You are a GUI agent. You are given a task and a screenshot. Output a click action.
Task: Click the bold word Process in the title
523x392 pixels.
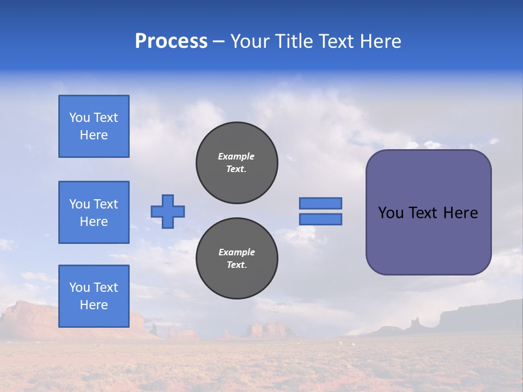point(171,41)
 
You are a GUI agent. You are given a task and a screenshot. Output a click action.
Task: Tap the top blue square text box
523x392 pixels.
point(94,126)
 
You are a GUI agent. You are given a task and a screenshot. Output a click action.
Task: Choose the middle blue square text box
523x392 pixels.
point(94,212)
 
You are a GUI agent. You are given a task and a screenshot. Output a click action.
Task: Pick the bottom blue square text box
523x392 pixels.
point(94,296)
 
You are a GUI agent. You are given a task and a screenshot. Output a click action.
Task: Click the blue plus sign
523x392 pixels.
point(168,211)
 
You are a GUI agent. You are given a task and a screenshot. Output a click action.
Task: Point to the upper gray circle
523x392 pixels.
point(237,163)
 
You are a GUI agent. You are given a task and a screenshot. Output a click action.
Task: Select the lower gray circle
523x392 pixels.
point(237,259)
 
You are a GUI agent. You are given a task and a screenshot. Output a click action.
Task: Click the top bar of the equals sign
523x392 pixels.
point(320,203)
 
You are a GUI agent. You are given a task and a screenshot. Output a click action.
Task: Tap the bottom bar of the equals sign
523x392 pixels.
point(320,219)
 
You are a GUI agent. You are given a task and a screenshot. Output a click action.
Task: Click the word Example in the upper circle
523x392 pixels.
point(236,156)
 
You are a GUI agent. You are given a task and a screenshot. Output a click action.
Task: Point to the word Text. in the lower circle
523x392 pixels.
point(236,265)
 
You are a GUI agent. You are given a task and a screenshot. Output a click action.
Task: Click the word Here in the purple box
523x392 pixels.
point(460,213)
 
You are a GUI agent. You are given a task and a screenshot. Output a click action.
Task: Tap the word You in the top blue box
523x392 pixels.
point(80,118)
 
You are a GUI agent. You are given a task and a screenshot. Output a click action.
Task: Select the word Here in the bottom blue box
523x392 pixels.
point(94,305)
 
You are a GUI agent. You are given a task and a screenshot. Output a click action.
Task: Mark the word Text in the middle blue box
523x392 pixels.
point(106,204)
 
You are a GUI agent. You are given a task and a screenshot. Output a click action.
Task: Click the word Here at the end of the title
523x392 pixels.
point(381,41)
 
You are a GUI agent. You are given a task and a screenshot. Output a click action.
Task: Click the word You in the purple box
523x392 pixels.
point(391,213)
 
